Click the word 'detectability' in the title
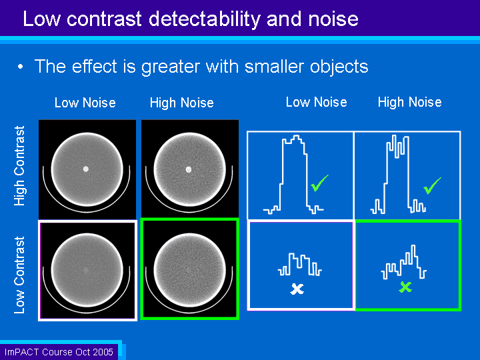(204, 19)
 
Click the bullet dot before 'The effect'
(20, 67)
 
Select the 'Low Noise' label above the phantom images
(85, 103)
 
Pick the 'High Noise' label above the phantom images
(182, 103)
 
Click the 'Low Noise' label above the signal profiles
(316, 102)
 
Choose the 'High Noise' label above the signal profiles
(409, 102)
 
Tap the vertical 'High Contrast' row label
(19, 165)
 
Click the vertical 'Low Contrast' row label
(19, 275)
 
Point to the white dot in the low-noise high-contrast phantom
(86, 169)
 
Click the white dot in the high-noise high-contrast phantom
(189, 169)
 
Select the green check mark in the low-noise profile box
(319, 183)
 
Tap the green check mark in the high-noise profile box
(432, 185)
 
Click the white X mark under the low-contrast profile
(297, 289)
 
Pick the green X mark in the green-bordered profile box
(405, 287)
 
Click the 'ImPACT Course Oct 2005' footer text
(59, 352)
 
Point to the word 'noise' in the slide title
(333, 19)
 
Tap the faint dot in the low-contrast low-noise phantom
(86, 270)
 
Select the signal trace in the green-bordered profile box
(403, 263)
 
